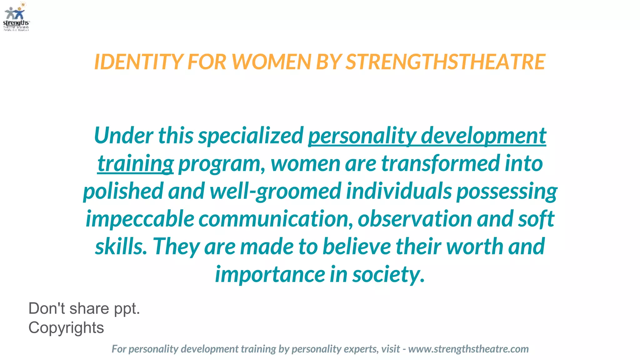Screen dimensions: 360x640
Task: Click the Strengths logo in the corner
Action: pyautogui.click(x=16, y=16)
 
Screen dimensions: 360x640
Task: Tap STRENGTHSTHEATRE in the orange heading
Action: pyautogui.click(x=445, y=62)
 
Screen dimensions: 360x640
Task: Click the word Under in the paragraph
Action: pyautogui.click(x=123, y=136)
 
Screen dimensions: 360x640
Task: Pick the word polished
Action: pyautogui.click(x=123, y=191)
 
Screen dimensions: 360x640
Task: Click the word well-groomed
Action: pyautogui.click(x=275, y=191)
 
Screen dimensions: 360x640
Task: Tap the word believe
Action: pyautogui.click(x=357, y=246)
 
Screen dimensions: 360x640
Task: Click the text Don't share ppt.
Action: pyautogui.click(x=84, y=308)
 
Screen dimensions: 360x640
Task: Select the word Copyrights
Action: pyautogui.click(x=66, y=327)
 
